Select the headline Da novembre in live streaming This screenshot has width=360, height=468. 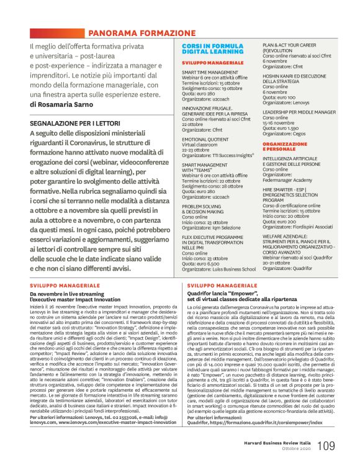pyautogui.click(x=71, y=294)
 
